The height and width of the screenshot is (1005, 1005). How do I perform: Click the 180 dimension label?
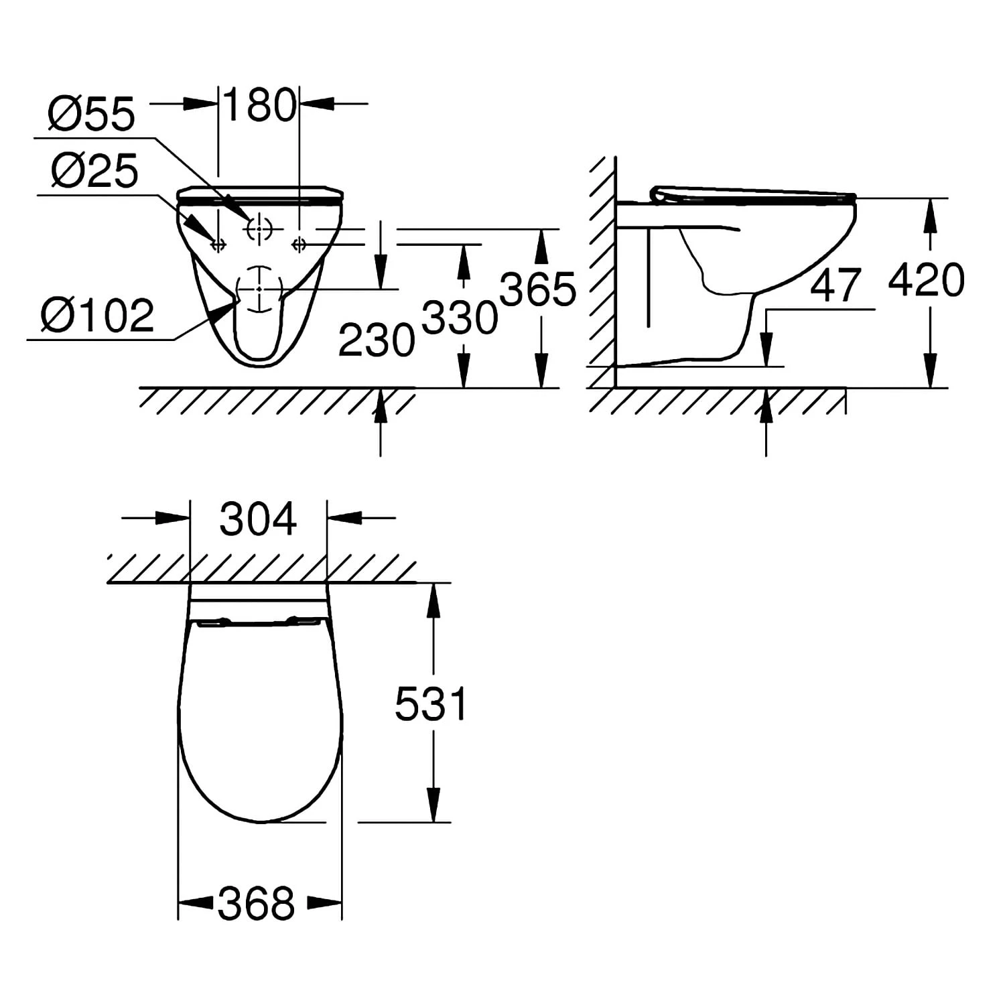(x=259, y=105)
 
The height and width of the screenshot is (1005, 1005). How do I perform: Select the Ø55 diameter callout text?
(x=91, y=114)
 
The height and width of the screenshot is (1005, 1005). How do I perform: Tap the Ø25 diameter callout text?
(x=94, y=171)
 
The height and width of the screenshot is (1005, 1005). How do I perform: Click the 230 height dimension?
(x=376, y=340)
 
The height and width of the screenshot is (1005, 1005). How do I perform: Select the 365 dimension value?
(x=537, y=289)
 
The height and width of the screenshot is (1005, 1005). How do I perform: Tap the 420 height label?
(x=926, y=280)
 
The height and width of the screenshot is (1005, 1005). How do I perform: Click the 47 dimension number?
(x=835, y=285)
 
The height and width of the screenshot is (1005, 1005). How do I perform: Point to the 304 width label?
(x=258, y=519)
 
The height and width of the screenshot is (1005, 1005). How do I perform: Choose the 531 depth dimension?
(x=430, y=704)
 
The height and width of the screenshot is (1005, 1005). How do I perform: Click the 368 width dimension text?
(x=257, y=903)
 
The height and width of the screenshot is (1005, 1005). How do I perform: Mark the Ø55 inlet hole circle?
(x=259, y=229)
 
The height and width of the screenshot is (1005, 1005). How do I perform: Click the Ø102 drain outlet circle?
(x=259, y=288)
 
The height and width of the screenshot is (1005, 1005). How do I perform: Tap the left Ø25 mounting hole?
(x=218, y=245)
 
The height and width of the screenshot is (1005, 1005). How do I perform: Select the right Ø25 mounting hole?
(x=299, y=245)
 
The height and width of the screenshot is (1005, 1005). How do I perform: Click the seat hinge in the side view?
(x=659, y=195)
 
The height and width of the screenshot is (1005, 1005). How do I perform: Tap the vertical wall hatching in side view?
(x=603, y=268)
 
